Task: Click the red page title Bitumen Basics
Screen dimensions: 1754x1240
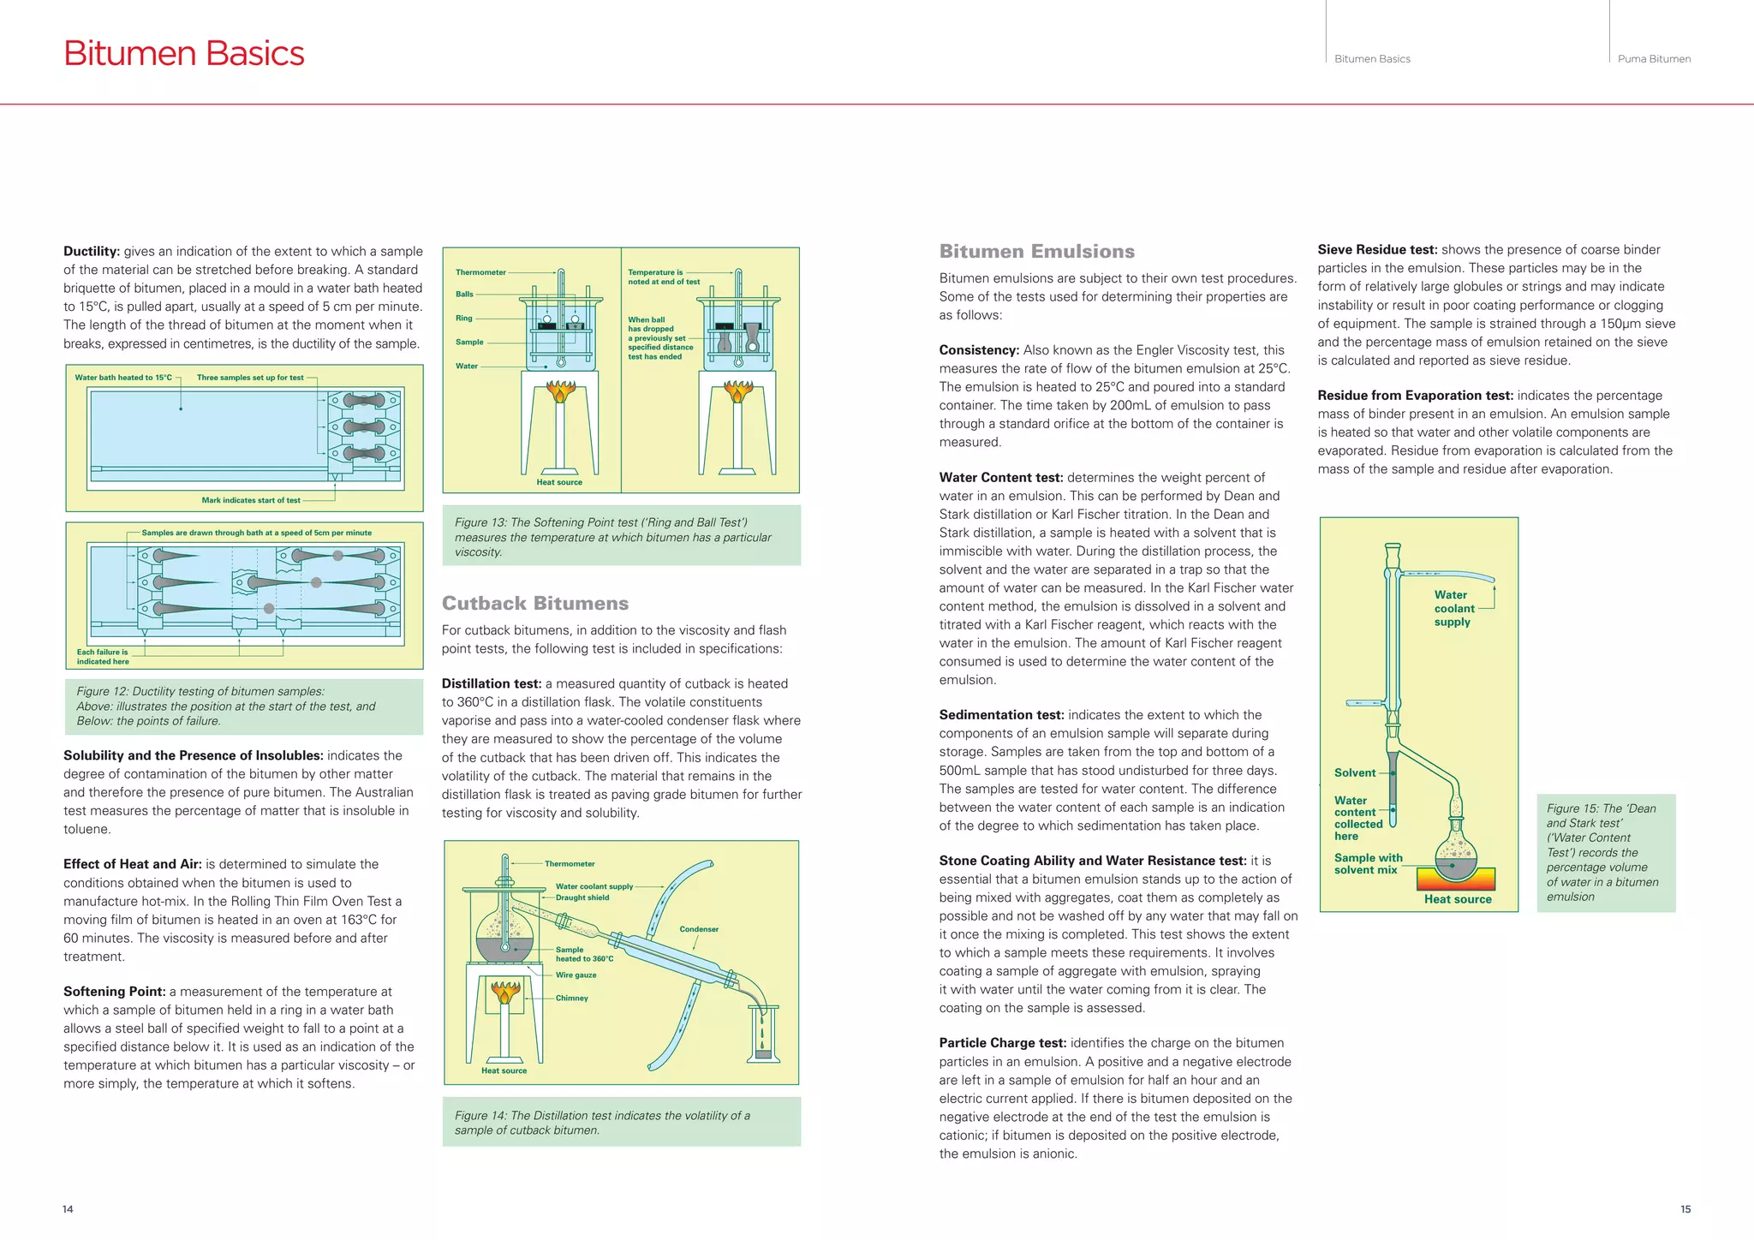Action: (183, 53)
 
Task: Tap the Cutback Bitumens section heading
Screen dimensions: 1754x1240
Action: (534, 603)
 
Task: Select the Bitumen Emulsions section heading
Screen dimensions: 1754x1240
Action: (1036, 251)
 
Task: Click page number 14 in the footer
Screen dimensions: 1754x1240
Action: (68, 1209)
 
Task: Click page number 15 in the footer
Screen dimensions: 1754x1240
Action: (1685, 1209)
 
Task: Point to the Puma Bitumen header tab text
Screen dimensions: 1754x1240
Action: (1654, 59)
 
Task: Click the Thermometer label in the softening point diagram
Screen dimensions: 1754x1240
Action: (480, 272)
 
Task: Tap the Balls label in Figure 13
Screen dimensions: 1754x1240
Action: (464, 294)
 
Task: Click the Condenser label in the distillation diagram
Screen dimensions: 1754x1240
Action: (699, 929)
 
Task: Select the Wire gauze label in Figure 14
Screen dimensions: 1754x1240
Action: (576, 975)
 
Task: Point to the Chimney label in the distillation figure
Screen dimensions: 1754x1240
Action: (571, 998)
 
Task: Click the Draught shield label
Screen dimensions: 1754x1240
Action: (582, 897)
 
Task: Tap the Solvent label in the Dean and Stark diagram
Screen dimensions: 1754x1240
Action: (1355, 772)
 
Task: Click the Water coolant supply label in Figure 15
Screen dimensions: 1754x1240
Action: (1453, 608)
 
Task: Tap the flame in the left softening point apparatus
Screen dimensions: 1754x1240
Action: (560, 392)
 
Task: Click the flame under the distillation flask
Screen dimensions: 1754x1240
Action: (505, 993)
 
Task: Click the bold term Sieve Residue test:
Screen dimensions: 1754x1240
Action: (1377, 250)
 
